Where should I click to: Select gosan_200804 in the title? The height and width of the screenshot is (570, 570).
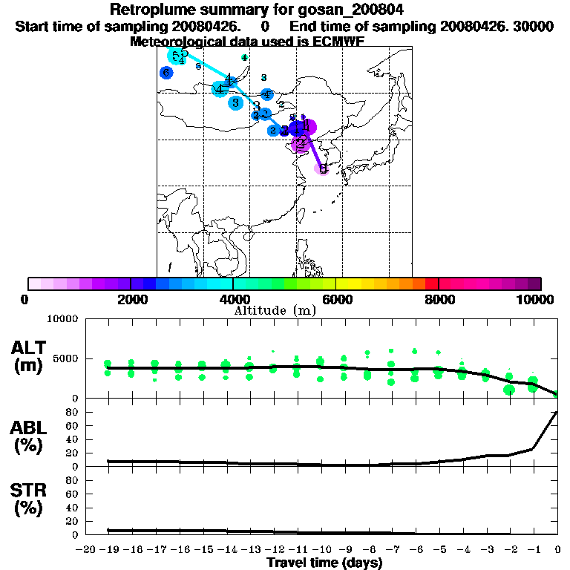[x=354, y=10]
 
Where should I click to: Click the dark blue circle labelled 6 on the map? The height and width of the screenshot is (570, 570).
[x=166, y=73]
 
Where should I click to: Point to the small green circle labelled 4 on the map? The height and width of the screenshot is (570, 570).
[x=244, y=57]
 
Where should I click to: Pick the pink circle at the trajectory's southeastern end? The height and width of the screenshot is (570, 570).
[x=323, y=168]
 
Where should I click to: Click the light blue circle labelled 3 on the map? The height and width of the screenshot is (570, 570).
[x=235, y=102]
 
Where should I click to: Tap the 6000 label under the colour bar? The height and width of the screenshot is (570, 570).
[x=336, y=300]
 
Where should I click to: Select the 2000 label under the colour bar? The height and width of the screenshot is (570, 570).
[x=131, y=300]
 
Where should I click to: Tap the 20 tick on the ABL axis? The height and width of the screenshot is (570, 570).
[x=71, y=453]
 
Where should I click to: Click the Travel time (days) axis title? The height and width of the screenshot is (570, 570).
[x=324, y=563]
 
